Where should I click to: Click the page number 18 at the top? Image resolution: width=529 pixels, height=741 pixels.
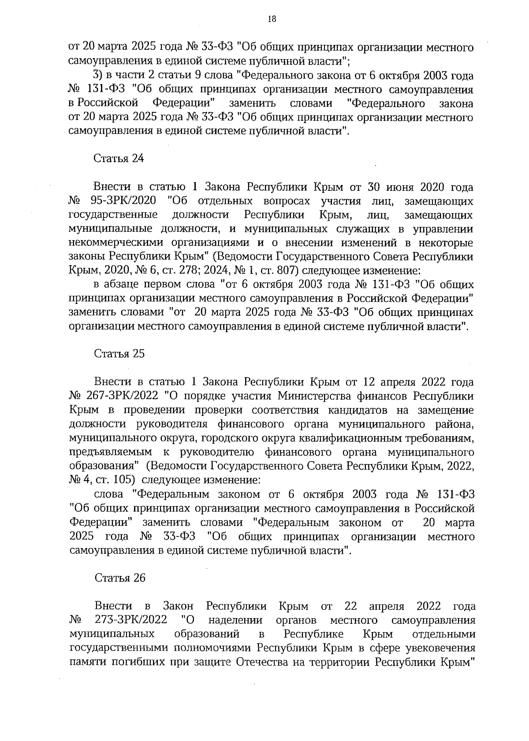pos(272,19)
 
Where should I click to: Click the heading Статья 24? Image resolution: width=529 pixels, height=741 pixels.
pos(119,159)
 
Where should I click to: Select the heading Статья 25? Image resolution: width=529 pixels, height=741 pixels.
pos(119,354)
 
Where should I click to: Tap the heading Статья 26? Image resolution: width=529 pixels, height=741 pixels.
pos(119,578)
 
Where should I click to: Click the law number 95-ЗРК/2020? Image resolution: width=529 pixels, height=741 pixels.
pos(123,201)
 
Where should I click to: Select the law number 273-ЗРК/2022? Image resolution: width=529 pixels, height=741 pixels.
pos(131,620)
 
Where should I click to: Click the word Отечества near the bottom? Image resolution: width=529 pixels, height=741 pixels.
pos(262,662)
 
